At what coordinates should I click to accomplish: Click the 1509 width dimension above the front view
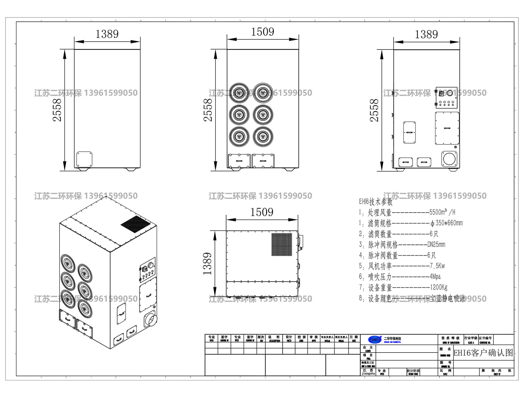tap(262, 32)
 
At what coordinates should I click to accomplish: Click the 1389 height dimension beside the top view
tap(207, 264)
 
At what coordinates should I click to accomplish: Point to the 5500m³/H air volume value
tap(442, 212)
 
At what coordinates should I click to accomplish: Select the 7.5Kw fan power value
tap(437, 266)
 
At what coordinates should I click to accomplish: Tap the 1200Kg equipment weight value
tap(439, 287)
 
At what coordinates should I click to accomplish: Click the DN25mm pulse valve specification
tap(436, 245)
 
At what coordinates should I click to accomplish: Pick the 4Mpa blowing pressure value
tap(435, 277)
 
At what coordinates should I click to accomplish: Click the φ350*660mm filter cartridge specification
tap(447, 223)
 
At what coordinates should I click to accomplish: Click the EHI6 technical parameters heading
tap(376, 202)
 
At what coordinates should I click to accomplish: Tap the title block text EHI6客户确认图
tap(483, 353)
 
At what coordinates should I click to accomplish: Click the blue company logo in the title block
tap(375, 340)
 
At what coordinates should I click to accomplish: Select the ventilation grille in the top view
tap(282, 244)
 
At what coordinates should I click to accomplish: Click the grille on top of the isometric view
tap(135, 224)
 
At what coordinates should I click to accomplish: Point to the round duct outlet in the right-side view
tap(449, 159)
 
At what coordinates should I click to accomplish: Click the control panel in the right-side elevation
tap(446, 97)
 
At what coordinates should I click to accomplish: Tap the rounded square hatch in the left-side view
tap(84, 159)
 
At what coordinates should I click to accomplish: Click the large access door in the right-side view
tap(447, 128)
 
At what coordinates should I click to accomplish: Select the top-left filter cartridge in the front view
tap(239, 93)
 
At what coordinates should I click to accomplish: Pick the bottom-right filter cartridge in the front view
tap(263, 137)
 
